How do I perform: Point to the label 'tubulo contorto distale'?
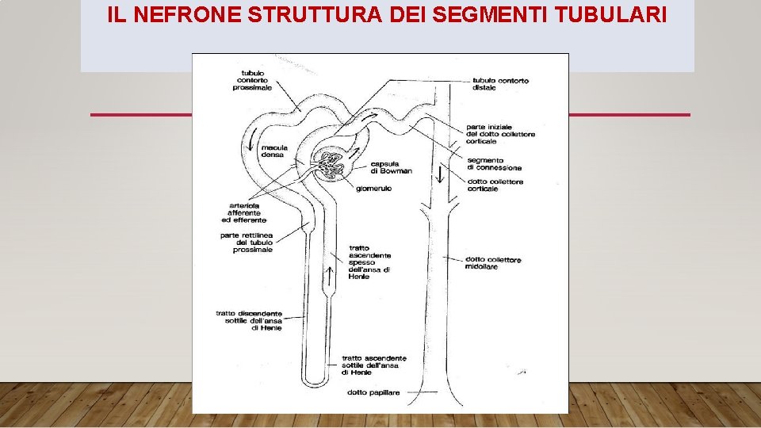(500, 84)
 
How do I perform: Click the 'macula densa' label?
(274, 151)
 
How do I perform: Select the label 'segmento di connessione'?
(494, 164)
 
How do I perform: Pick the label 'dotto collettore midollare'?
(493, 262)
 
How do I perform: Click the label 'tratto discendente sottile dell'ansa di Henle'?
(248, 321)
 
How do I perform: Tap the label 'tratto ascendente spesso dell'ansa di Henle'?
(369, 262)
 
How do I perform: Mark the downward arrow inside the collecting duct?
(441, 174)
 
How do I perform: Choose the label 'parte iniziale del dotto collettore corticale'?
(500, 134)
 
